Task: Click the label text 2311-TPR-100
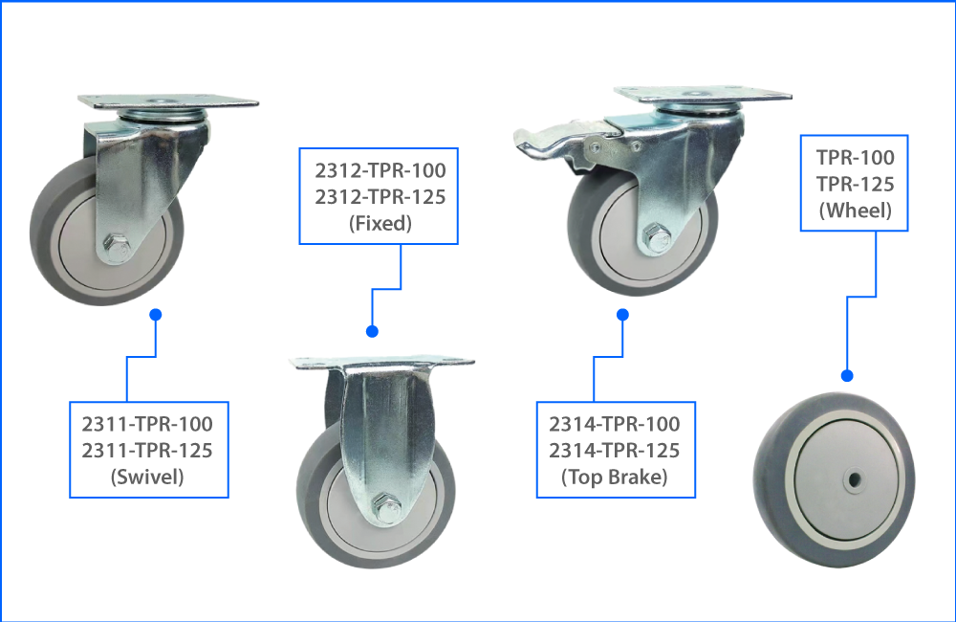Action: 147,424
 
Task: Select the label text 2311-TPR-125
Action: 147,451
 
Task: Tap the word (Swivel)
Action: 147,477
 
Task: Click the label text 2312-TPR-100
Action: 380,170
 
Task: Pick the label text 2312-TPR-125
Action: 380,196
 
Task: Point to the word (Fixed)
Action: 380,223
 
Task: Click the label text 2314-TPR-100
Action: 615,424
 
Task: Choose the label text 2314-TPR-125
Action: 615,451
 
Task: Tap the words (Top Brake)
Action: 615,477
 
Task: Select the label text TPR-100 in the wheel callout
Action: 856,158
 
